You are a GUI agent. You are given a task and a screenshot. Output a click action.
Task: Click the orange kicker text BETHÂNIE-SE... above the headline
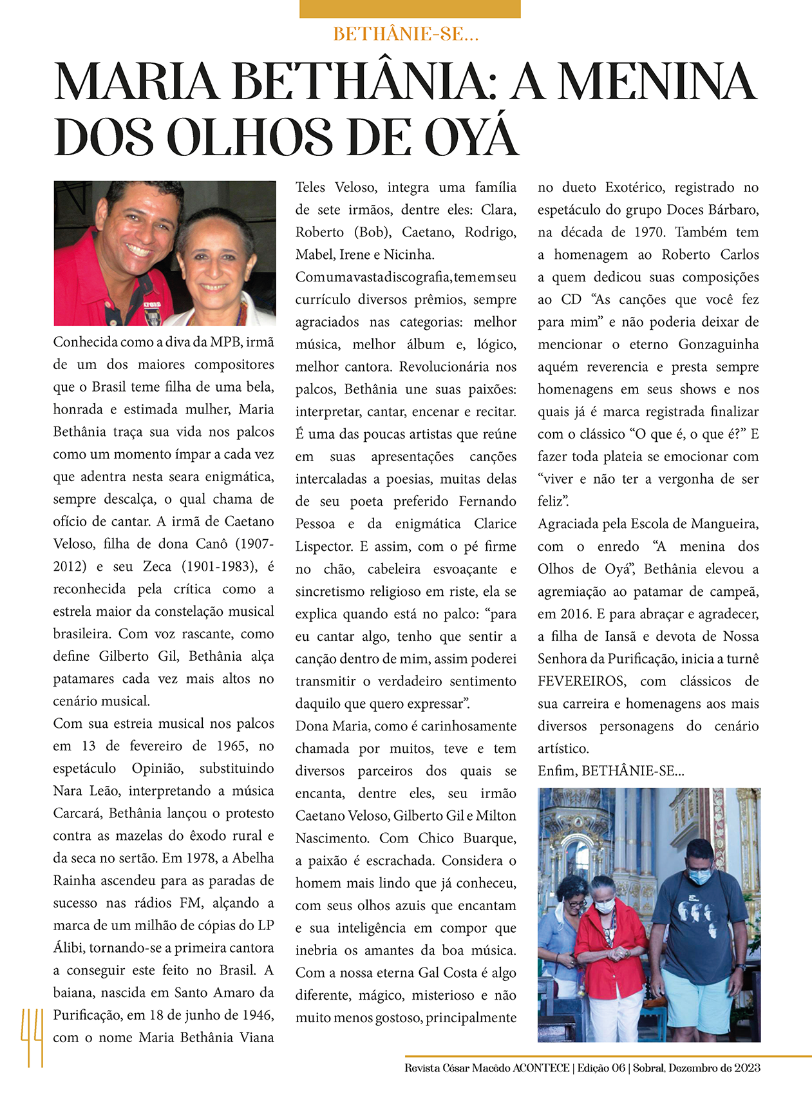[406, 34]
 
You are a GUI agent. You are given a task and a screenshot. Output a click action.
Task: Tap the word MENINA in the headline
[657, 82]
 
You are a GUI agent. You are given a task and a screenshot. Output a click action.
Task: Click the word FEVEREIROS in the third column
[581, 681]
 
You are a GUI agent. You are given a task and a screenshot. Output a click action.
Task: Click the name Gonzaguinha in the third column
[719, 345]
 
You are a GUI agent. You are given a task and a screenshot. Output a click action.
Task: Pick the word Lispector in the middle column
[323, 547]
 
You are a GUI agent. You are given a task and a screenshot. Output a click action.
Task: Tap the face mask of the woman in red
[604, 906]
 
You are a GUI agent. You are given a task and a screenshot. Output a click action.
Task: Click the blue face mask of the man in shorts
[699, 876]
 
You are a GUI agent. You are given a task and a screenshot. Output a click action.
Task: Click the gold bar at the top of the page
[410, 8]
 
